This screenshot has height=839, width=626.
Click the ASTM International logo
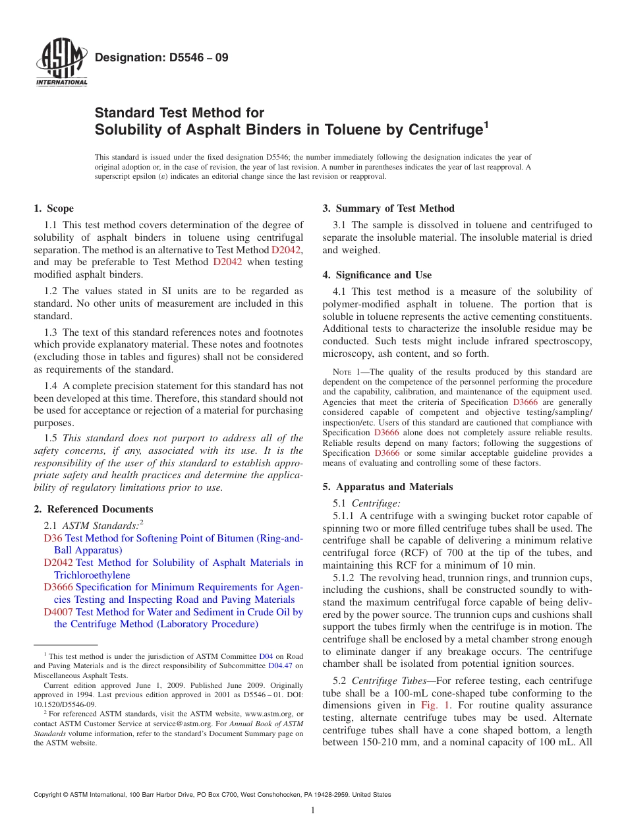(x=61, y=64)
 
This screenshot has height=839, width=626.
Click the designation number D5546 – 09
(x=161, y=57)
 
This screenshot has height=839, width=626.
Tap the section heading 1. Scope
(x=54, y=208)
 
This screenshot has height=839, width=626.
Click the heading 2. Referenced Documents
(x=94, y=509)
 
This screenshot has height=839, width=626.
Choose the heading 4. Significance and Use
(x=377, y=275)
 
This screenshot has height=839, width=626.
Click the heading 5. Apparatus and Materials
(x=387, y=487)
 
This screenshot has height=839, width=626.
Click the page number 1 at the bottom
(x=313, y=811)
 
